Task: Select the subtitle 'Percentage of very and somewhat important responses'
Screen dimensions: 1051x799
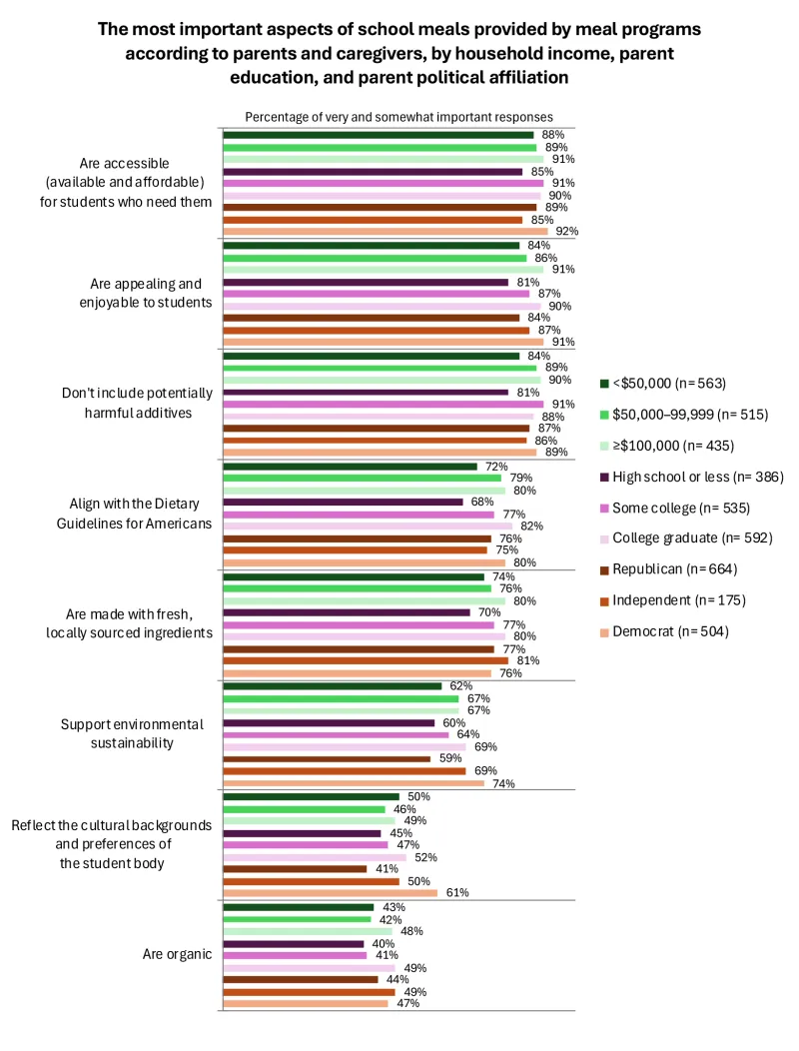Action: pos(399,117)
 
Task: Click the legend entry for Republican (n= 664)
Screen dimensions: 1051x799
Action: pos(676,569)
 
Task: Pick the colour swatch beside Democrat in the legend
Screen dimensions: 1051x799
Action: pos(604,631)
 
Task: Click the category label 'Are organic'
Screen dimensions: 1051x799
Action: pos(177,954)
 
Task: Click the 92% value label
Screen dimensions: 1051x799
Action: pos(567,231)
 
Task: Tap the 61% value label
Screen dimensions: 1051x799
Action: pos(457,892)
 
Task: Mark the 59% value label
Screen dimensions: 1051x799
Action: pos(450,759)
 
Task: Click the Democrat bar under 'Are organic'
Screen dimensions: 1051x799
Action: pos(305,1003)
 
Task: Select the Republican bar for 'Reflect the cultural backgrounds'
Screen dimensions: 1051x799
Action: pos(295,869)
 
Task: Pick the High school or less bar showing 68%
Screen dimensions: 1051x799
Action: pos(343,503)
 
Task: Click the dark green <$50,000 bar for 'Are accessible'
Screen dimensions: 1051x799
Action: pos(378,135)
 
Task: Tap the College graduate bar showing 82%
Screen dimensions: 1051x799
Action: pos(367,526)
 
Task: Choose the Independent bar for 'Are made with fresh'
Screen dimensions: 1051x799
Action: pos(365,660)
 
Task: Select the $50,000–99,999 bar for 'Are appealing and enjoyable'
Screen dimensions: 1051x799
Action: pos(375,258)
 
